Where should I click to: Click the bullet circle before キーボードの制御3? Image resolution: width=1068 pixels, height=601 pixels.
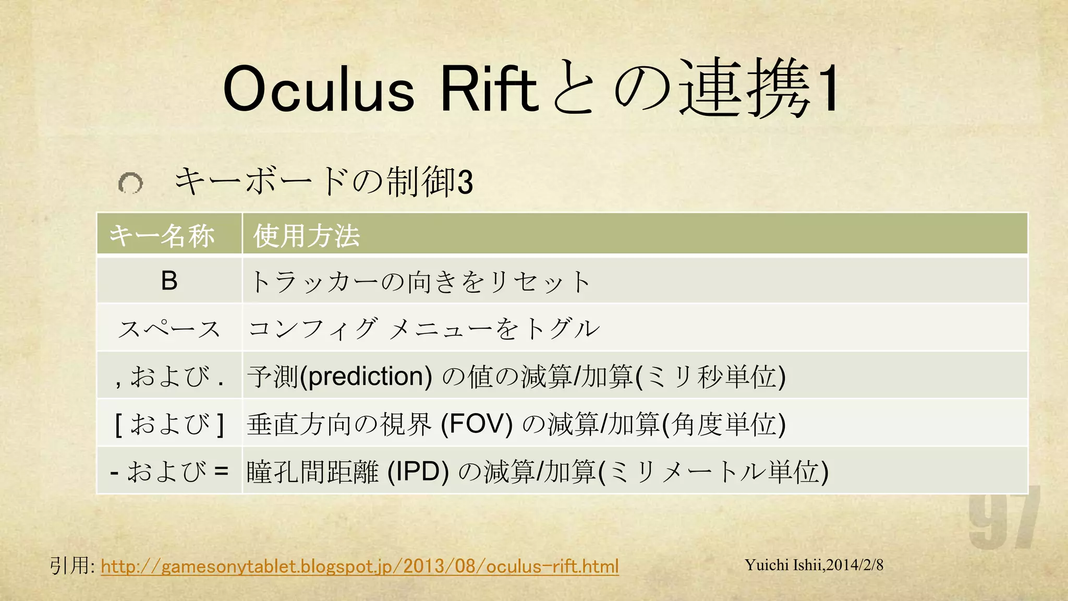pyautogui.click(x=130, y=183)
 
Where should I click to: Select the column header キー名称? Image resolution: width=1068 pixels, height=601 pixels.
pyautogui.click(x=162, y=235)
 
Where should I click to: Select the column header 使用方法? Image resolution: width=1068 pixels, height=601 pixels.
pyautogui.click(x=307, y=235)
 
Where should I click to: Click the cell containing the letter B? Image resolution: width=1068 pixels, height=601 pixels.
pyautogui.click(x=169, y=281)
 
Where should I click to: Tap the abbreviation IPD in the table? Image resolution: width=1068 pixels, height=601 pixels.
pyautogui.click(x=418, y=471)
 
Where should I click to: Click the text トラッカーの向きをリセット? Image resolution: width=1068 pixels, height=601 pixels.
pyautogui.click(x=420, y=282)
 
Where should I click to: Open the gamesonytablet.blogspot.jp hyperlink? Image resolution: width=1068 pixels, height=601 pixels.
pyautogui.click(x=360, y=566)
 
